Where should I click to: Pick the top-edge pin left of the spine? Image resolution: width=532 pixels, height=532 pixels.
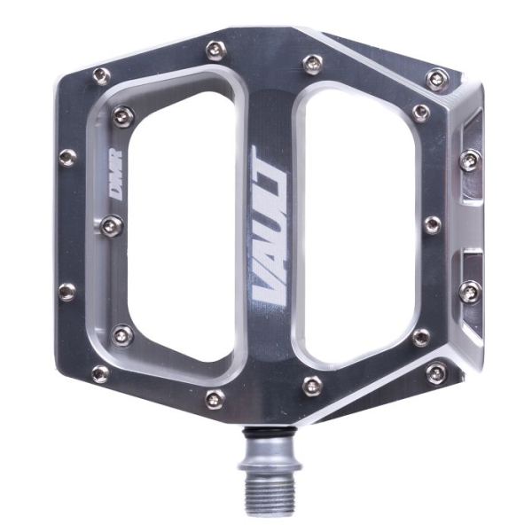[x=214, y=51]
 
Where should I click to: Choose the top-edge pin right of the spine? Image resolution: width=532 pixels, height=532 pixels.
[x=312, y=64]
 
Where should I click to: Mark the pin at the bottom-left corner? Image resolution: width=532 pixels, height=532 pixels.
[x=101, y=372]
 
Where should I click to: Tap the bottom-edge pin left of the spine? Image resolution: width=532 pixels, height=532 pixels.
[x=214, y=398]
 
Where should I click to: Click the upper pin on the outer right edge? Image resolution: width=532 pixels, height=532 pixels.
[x=470, y=160]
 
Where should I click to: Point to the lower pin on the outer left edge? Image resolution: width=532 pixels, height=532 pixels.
[x=66, y=292]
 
